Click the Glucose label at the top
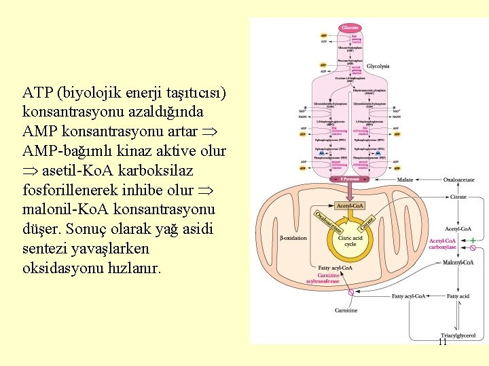(x=350, y=27)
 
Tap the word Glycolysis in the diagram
(x=378, y=66)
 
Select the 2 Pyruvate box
(x=350, y=179)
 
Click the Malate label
(x=405, y=180)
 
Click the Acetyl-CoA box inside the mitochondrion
(x=350, y=205)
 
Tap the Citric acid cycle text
(x=350, y=241)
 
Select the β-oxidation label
(x=293, y=238)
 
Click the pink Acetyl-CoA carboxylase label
(x=443, y=243)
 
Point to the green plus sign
(x=473, y=240)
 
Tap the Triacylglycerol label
(x=458, y=335)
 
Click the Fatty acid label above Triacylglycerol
(x=458, y=296)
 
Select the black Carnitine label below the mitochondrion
(x=346, y=310)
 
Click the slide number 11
(x=442, y=342)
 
